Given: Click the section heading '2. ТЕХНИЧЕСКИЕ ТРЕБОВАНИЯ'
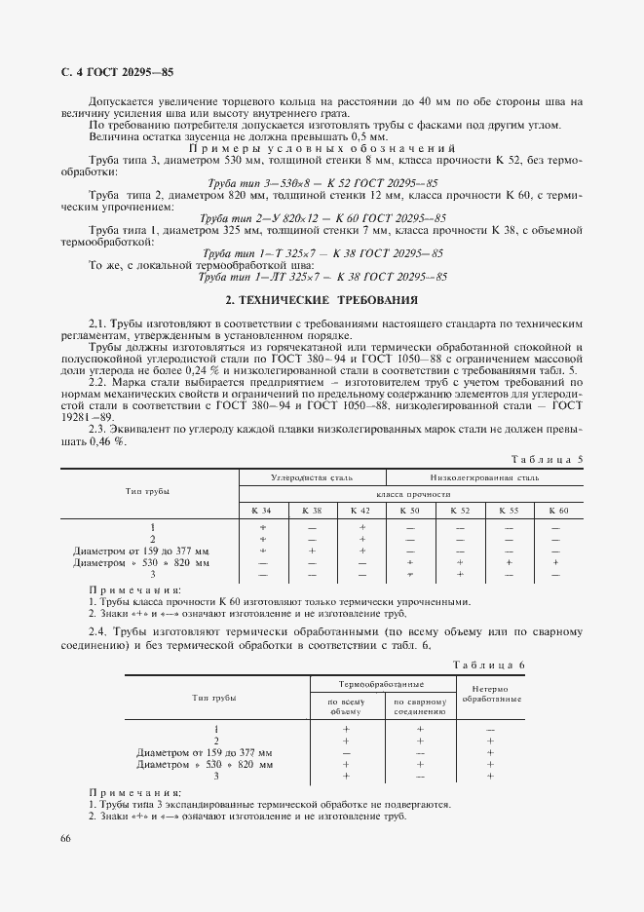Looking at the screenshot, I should pyautogui.click(x=322, y=302).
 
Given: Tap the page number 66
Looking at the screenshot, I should pyautogui.click(x=66, y=838).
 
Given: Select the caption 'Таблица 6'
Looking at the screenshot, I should pyautogui.click(x=490, y=665).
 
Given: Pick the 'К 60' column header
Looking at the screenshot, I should pyautogui.click(x=557, y=510).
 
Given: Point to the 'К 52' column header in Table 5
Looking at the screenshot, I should pyautogui.click(x=459, y=510).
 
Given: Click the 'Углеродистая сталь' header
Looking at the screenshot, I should pyautogui.click(x=313, y=477).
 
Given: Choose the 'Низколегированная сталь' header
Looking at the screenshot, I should pyautogui.click(x=484, y=477).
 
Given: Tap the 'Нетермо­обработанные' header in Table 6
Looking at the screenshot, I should pyautogui.click(x=491, y=694).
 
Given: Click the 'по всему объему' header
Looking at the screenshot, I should pyautogui.click(x=346, y=705).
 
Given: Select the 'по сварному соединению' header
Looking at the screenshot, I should pyautogui.click(x=420, y=705).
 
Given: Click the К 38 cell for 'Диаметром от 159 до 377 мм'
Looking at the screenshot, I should pyautogui.click(x=313, y=551).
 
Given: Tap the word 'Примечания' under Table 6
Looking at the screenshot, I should pyautogui.click(x=134, y=793).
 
